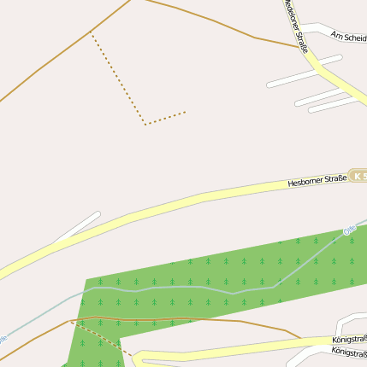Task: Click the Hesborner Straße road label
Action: point(317,180)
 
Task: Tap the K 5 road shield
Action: point(358,177)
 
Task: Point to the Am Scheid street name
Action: point(348,36)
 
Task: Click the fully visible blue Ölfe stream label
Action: point(348,230)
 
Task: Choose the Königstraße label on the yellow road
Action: point(349,340)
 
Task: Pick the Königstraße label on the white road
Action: point(349,352)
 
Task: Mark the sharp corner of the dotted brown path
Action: point(145,125)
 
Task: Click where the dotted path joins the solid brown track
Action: point(91,33)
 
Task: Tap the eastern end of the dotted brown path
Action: point(185,112)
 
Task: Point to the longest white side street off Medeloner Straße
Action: point(304,72)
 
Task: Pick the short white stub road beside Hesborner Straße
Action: point(79,226)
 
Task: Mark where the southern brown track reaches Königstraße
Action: point(299,337)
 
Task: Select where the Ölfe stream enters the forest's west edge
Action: point(85,291)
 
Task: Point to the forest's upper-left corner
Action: point(86,278)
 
